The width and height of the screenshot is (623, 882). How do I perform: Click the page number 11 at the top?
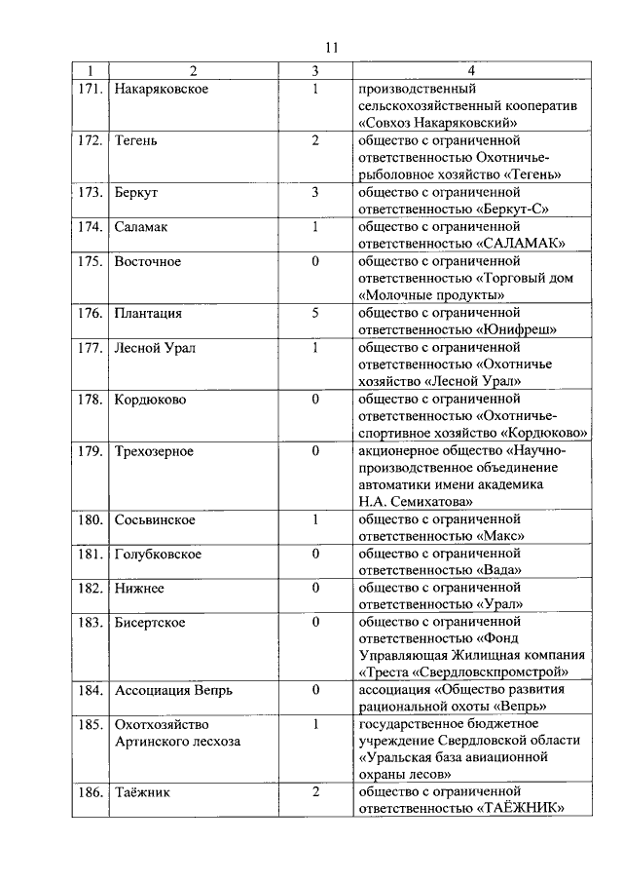pyautogui.click(x=330, y=48)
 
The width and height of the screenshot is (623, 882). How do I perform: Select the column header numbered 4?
pyautogui.click(x=471, y=71)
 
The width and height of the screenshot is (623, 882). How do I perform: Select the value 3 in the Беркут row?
pyautogui.click(x=315, y=192)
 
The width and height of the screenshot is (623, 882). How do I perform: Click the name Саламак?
pyautogui.click(x=141, y=227)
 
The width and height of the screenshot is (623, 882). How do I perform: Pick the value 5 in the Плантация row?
pyautogui.click(x=315, y=313)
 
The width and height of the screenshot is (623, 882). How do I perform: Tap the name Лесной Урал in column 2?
pyautogui.click(x=155, y=348)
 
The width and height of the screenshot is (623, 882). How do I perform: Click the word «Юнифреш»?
pyautogui.click(x=517, y=329)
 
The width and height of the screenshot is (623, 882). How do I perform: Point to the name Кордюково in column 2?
pyautogui.click(x=151, y=400)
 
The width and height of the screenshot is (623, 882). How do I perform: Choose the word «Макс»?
pyautogui.click(x=502, y=536)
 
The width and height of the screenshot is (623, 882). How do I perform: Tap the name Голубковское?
pyautogui.click(x=159, y=554)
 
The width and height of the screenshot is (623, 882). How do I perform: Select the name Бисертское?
pyautogui.click(x=150, y=622)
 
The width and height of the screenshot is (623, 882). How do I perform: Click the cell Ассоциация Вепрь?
pyautogui.click(x=173, y=690)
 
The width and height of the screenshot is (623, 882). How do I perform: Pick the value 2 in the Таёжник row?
pyautogui.click(x=315, y=791)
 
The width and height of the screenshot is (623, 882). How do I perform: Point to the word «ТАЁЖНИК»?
pyautogui.click(x=521, y=808)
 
